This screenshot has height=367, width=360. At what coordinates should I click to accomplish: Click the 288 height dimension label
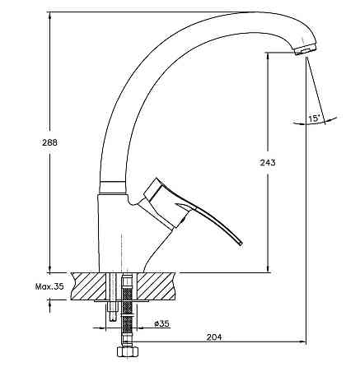(49, 142)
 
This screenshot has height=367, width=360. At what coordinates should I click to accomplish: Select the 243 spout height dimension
(268, 163)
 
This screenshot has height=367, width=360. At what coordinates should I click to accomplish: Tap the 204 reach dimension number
(214, 337)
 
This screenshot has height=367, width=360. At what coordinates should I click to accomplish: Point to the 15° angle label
(315, 118)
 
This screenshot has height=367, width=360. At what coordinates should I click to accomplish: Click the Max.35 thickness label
(49, 286)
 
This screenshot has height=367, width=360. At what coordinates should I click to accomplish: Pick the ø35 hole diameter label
(161, 323)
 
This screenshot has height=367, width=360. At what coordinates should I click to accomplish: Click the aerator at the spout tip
(306, 49)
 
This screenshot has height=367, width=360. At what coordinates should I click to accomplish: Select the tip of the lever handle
(241, 243)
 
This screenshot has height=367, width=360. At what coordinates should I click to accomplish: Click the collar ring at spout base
(111, 188)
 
